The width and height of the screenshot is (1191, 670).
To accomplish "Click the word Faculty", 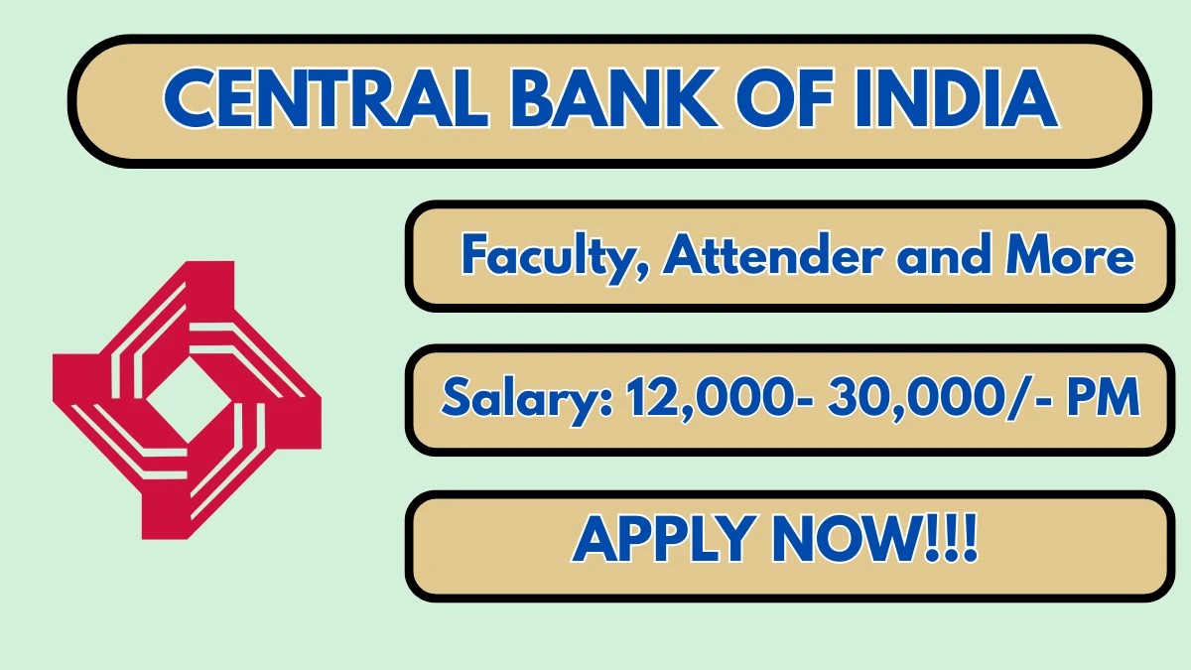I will [x=557, y=257].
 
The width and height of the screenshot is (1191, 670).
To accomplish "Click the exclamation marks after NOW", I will [x=953, y=540].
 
